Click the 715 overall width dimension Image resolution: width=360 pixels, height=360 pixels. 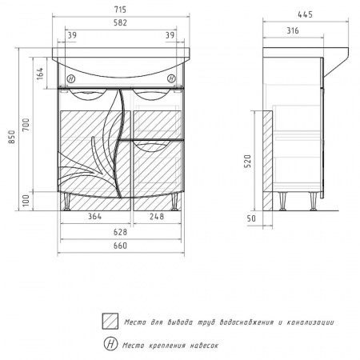point(120,10)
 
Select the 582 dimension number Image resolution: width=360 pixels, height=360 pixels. point(120,22)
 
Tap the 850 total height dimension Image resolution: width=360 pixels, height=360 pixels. point(12,137)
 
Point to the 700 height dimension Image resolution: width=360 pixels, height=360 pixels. point(26,125)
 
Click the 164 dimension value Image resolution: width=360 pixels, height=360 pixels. point(40,74)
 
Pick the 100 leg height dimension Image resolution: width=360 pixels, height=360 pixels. point(26,201)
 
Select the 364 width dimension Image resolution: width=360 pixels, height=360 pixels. point(94,216)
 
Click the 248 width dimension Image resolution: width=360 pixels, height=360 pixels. point(157,216)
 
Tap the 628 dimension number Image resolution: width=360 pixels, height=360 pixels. point(120,232)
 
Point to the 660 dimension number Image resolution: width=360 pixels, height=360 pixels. point(120,246)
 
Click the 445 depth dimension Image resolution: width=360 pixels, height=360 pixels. point(305,14)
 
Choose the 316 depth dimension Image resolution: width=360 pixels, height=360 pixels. point(293,30)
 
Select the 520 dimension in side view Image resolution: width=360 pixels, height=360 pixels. point(248,161)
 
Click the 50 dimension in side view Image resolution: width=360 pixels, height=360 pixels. point(251,218)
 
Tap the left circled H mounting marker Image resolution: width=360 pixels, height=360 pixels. point(71,79)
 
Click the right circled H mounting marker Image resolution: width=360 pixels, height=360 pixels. point(171,78)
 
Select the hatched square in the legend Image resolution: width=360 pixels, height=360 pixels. point(110,321)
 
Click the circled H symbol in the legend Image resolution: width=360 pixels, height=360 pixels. point(110,344)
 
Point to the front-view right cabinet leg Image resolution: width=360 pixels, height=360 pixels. point(174,202)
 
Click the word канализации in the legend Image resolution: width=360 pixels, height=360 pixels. point(310,322)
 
